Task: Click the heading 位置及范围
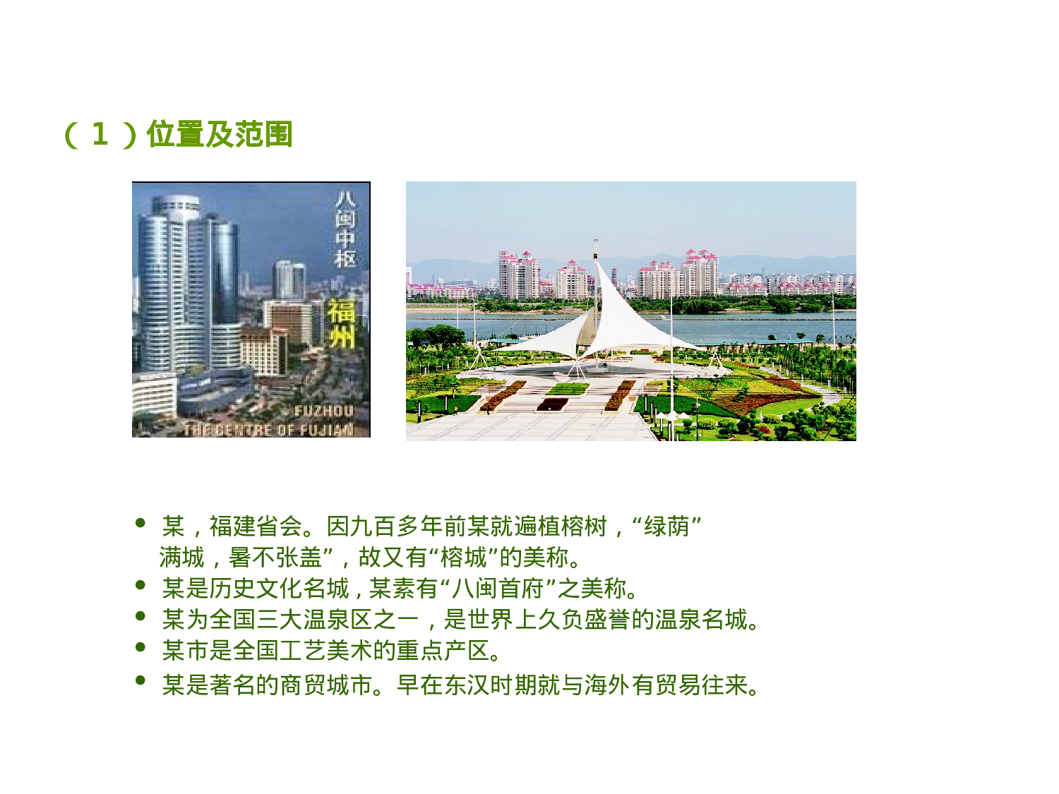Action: [220, 134]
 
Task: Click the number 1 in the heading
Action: [100, 134]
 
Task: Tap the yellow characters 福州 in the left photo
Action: [342, 323]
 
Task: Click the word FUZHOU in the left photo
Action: [323, 411]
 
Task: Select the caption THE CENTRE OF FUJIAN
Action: [268, 429]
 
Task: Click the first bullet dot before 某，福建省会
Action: [140, 523]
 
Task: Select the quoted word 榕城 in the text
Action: [463, 558]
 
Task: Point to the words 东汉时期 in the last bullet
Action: [479, 685]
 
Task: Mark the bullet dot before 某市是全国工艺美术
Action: [140, 646]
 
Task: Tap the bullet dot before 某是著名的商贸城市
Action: [140, 680]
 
